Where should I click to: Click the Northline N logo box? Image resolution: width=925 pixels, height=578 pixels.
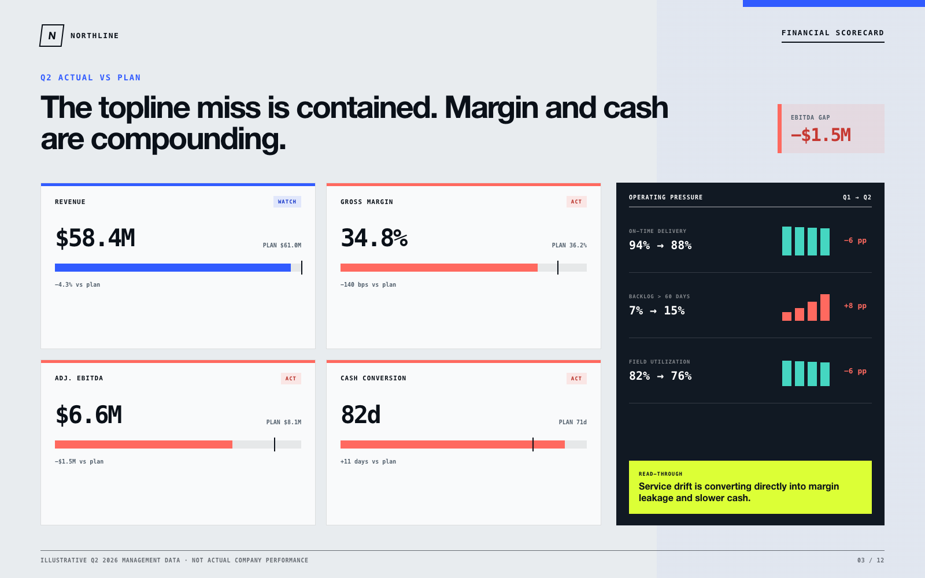point(51,35)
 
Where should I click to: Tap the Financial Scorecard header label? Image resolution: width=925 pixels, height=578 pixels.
point(832,32)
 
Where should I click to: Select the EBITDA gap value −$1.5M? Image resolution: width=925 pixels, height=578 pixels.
point(820,135)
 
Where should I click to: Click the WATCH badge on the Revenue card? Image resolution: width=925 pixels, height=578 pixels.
point(287,202)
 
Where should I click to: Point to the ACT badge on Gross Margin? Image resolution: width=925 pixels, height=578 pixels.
point(576,202)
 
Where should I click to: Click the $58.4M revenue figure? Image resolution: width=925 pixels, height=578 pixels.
point(95,238)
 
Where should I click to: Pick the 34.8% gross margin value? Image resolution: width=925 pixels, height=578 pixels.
point(374,238)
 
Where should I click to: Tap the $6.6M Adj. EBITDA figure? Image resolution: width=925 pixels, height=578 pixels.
point(88,414)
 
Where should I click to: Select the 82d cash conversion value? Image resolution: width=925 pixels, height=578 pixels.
point(361,414)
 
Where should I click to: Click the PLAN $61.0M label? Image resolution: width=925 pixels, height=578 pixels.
point(282,245)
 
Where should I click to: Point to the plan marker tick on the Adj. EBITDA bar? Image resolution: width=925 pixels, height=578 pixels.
point(275,444)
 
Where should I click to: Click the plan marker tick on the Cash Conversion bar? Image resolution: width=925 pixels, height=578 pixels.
point(532,444)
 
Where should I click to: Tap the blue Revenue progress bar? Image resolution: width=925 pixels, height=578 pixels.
point(173,268)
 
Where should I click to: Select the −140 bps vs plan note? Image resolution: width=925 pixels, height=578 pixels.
point(368,284)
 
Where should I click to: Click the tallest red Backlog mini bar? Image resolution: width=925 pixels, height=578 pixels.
point(824,307)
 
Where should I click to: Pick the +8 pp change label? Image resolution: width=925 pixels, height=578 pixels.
point(855,306)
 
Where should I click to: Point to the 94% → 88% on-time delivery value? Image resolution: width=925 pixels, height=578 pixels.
point(660,245)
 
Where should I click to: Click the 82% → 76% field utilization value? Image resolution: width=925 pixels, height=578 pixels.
point(660,376)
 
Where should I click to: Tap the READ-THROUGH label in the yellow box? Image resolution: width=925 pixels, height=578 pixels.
point(660,473)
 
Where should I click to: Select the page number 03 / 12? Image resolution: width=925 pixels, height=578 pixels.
point(871,560)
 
